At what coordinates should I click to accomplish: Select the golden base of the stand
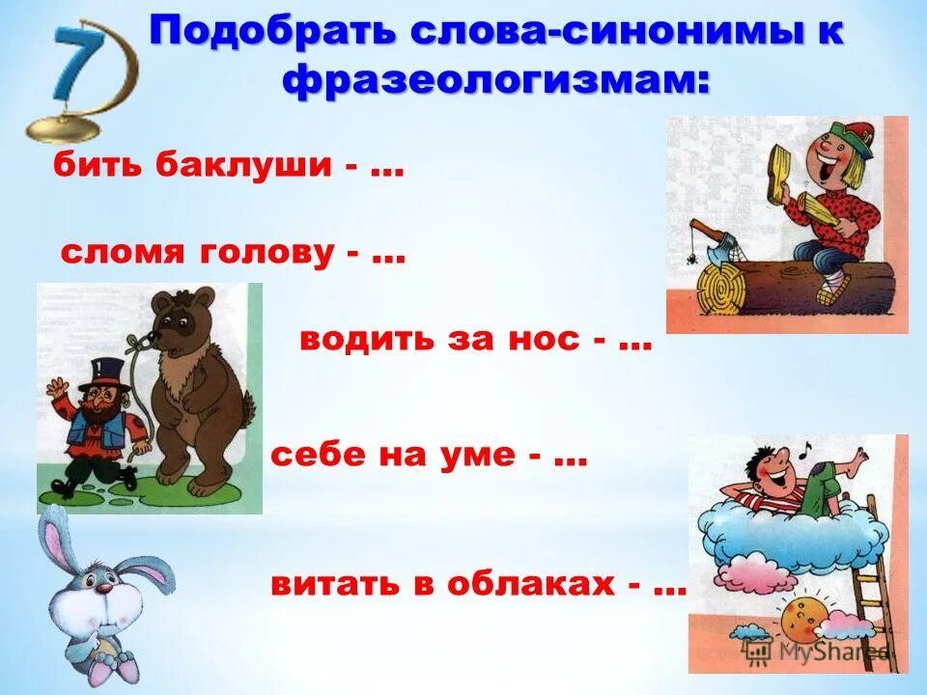[x=63, y=126]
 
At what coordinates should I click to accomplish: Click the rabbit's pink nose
[x=101, y=583]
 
